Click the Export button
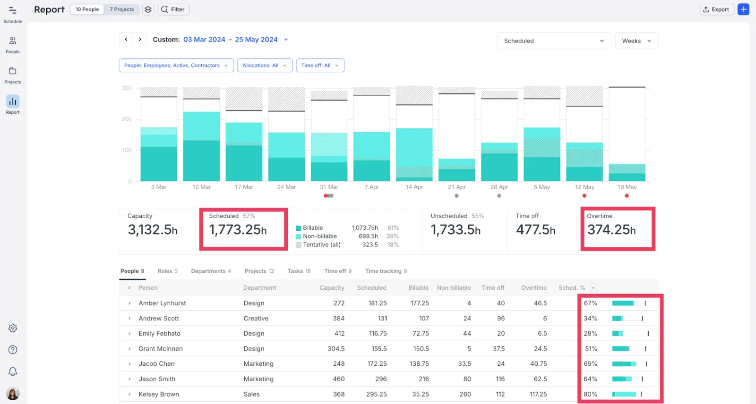(x=716, y=9)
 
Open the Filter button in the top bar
(x=173, y=9)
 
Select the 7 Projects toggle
(x=121, y=9)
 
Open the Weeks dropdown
(x=636, y=41)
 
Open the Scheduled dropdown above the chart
(x=554, y=41)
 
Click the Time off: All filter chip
(x=320, y=66)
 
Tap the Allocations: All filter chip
(x=265, y=66)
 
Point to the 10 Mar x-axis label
(x=201, y=187)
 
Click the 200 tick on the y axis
(x=127, y=119)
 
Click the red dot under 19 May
(x=627, y=195)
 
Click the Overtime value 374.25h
(x=611, y=230)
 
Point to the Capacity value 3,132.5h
(x=153, y=230)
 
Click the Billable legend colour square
(x=298, y=228)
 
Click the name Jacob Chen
(x=156, y=364)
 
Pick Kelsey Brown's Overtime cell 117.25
(x=538, y=394)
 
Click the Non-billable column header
(x=454, y=287)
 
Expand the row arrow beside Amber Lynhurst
(x=129, y=303)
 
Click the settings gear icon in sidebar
(x=13, y=328)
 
